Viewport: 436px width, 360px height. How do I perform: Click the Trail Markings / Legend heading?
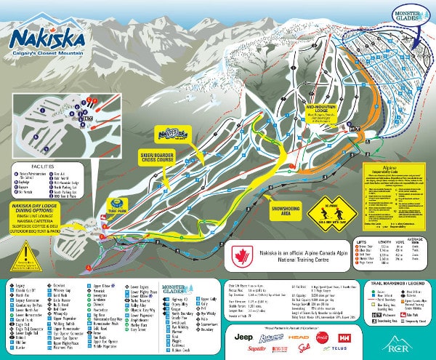point(398,282)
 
